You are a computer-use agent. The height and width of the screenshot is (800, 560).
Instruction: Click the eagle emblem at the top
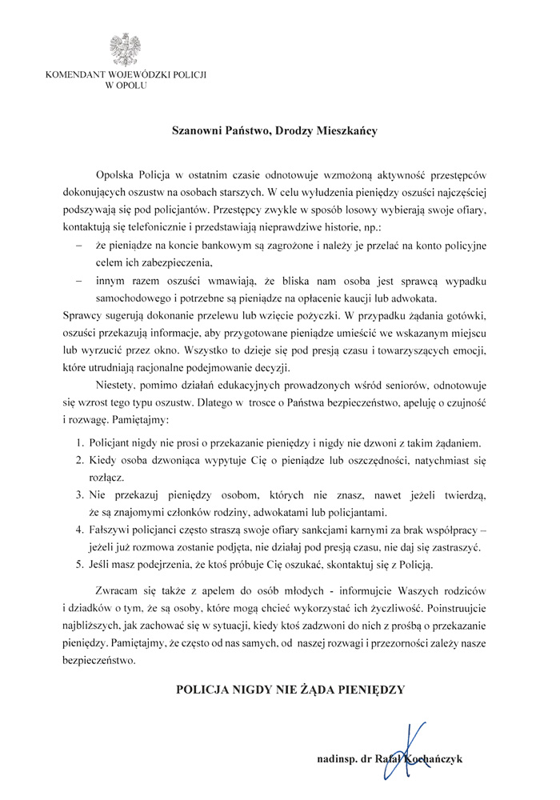[127, 50]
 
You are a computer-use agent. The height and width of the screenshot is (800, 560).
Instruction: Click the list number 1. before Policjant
[81, 442]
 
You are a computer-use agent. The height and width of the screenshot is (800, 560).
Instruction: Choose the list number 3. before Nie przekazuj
[81, 495]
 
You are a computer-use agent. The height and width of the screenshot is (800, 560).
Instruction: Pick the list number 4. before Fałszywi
[81, 530]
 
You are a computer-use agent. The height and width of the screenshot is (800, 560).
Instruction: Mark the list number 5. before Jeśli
[81, 565]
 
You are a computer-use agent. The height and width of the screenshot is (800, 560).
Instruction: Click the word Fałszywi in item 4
[115, 530]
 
